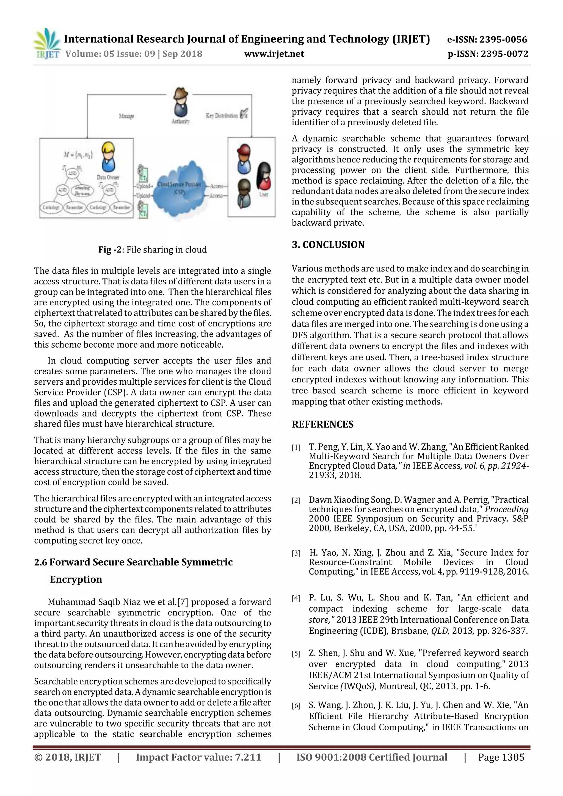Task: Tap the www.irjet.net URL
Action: pyautogui.click(x=274, y=54)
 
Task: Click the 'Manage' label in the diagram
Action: pyautogui.click(x=126, y=116)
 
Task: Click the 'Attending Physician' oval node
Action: pyautogui.click(x=82, y=190)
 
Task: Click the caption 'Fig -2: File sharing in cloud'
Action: pyautogui.click(x=152, y=249)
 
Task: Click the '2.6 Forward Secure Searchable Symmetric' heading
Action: pyautogui.click(x=133, y=562)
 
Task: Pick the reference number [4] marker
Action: pyautogui.click(x=296, y=598)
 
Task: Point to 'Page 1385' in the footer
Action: pyautogui.click(x=501, y=757)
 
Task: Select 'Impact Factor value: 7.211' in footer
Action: pyautogui.click(x=198, y=757)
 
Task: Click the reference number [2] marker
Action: pyautogui.click(x=296, y=501)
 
